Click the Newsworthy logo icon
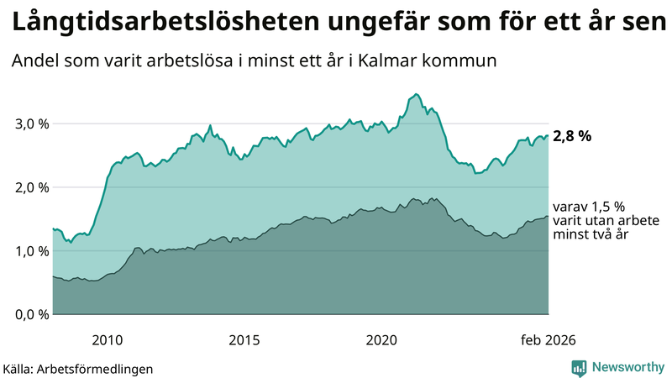click(x=579, y=367)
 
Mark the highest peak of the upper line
click(x=417, y=94)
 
